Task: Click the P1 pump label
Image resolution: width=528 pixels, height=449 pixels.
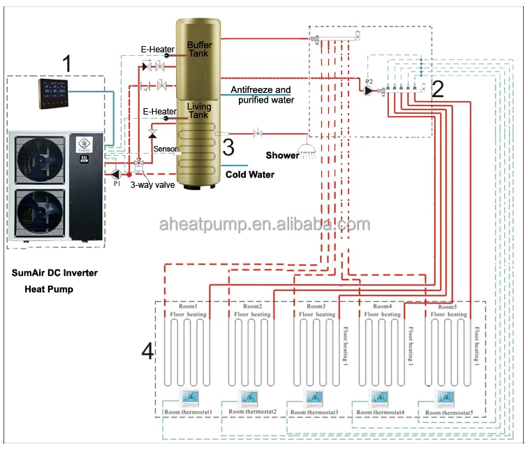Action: [x=117, y=184]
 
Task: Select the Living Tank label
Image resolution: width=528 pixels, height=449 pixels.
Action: [x=199, y=110]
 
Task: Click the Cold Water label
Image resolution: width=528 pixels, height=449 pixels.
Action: [x=249, y=175]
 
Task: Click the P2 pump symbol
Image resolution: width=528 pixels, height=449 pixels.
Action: [x=369, y=90]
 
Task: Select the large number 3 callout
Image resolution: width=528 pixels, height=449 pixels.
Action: [x=228, y=147]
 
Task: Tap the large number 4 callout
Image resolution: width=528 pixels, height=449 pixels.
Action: [x=147, y=351]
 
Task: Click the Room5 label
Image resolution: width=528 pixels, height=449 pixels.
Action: [x=447, y=307]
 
